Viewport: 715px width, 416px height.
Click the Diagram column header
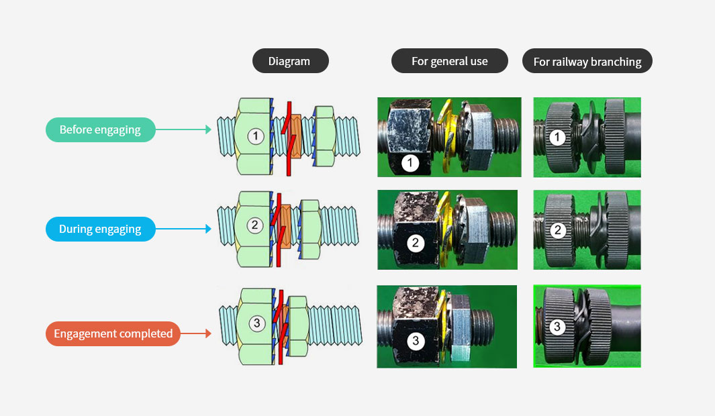click(291, 61)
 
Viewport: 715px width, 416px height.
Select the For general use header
click(450, 61)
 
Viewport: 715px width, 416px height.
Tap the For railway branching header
click(587, 61)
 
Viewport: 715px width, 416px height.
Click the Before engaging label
click(100, 130)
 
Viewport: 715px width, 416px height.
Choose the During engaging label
click(100, 229)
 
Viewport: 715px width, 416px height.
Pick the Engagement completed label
click(113, 333)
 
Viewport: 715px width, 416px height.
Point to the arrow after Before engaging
click(183, 130)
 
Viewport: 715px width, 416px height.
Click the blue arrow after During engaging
click(183, 229)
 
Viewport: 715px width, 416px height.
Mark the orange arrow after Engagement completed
click(196, 333)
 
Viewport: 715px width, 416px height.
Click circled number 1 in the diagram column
click(256, 136)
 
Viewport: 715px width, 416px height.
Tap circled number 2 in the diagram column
click(255, 225)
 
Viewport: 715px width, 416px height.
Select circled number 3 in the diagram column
click(256, 323)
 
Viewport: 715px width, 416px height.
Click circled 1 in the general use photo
click(410, 162)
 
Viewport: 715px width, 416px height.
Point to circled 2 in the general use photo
click(416, 243)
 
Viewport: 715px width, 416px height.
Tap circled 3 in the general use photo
click(416, 341)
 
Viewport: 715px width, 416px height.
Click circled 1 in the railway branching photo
click(557, 137)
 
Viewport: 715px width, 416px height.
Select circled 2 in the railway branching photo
click(558, 230)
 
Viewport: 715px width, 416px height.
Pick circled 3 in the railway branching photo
click(557, 326)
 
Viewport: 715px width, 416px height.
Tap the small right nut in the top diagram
click(324, 136)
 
